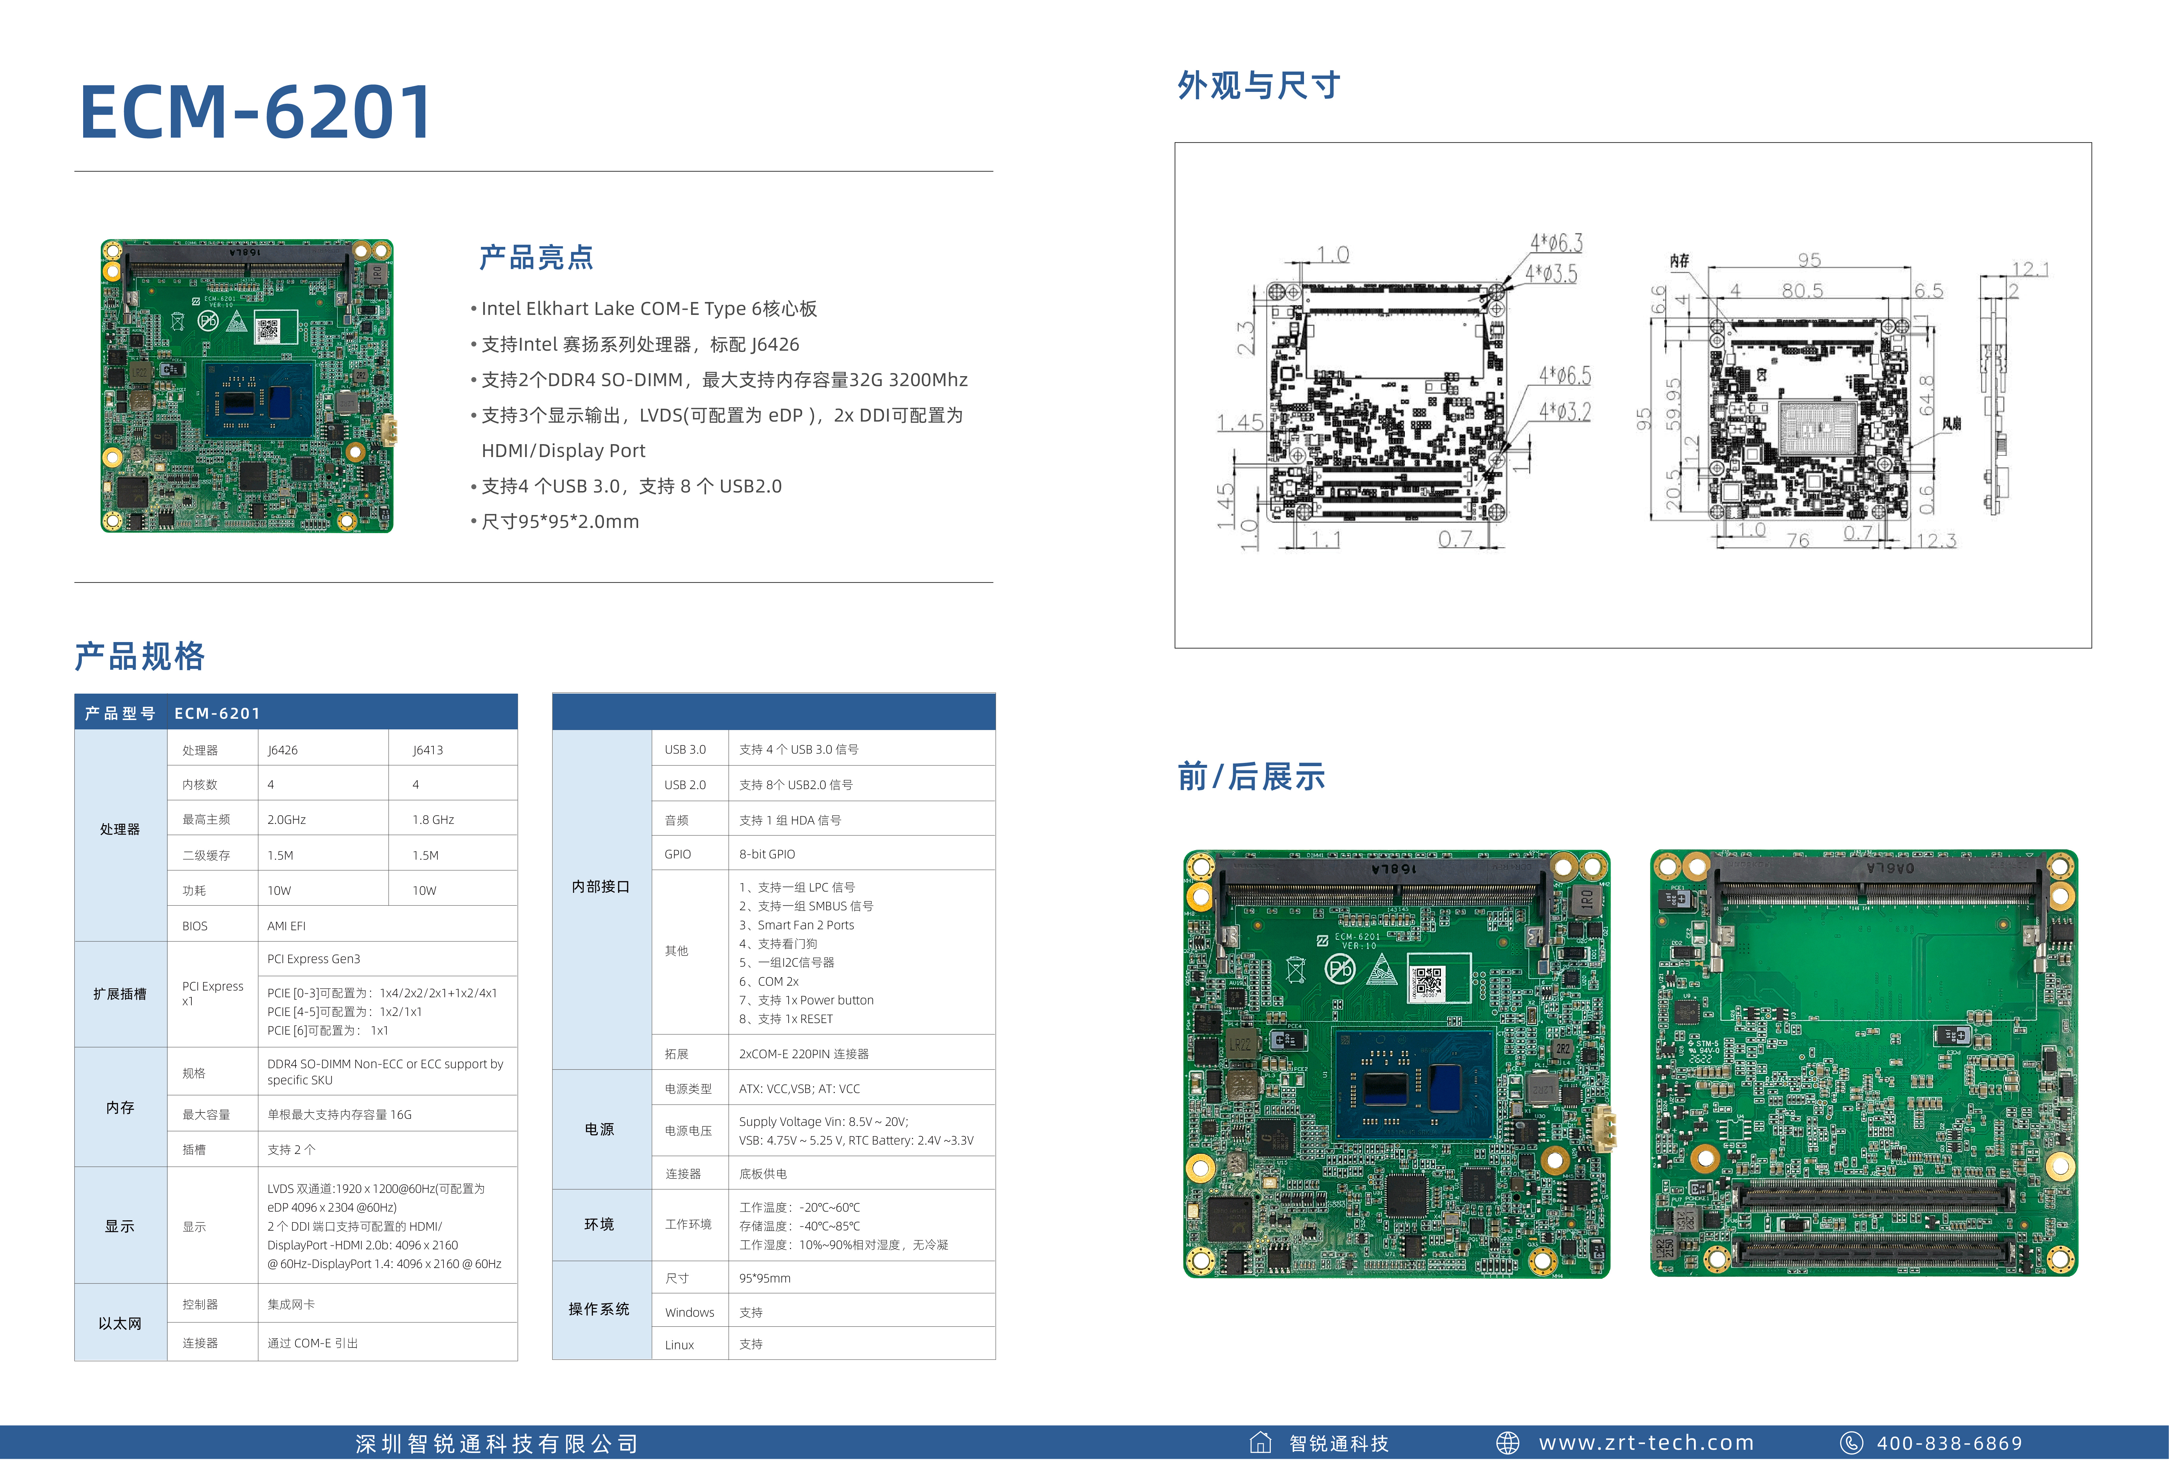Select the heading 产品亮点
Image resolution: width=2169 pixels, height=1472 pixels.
click(536, 258)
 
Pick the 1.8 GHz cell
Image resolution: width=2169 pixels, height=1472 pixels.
click(433, 820)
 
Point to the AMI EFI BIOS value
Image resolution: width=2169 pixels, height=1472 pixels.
click(287, 926)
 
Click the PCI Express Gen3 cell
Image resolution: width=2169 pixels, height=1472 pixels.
click(314, 959)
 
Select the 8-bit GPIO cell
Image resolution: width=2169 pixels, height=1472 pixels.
click(767, 854)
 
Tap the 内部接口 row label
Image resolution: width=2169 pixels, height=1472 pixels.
click(600, 887)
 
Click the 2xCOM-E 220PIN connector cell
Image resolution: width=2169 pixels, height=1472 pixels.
click(803, 1054)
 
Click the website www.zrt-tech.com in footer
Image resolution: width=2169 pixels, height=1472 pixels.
click(1646, 1443)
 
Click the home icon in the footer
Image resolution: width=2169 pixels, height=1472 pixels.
click(1260, 1443)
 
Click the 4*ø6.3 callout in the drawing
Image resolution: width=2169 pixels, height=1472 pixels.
click(1556, 244)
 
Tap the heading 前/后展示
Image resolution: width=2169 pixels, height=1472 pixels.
click(1250, 776)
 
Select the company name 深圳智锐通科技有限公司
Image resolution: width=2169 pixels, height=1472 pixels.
click(497, 1444)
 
